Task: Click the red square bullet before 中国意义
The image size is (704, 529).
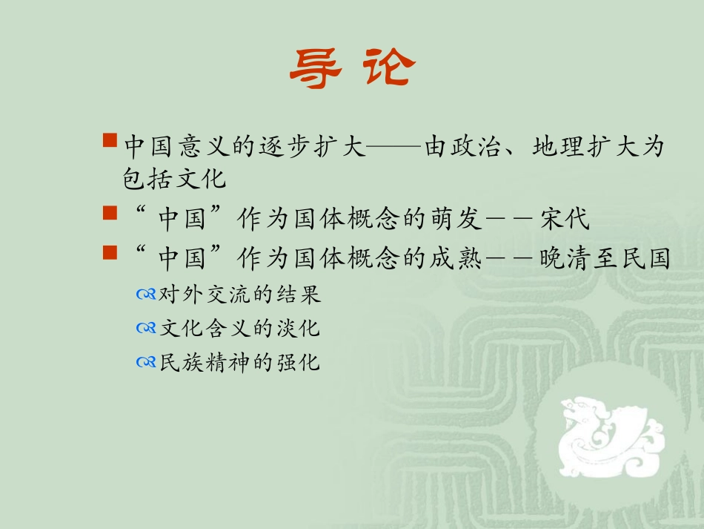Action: (109, 139)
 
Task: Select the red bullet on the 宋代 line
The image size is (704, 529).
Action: (109, 214)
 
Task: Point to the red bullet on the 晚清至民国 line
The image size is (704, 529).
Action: (109, 252)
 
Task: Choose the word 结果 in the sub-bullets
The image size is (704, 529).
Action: (303, 295)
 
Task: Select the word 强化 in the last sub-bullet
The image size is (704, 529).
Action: (303, 363)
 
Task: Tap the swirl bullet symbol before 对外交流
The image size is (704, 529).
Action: (146, 295)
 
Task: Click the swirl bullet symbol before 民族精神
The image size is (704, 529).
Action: (146, 363)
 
